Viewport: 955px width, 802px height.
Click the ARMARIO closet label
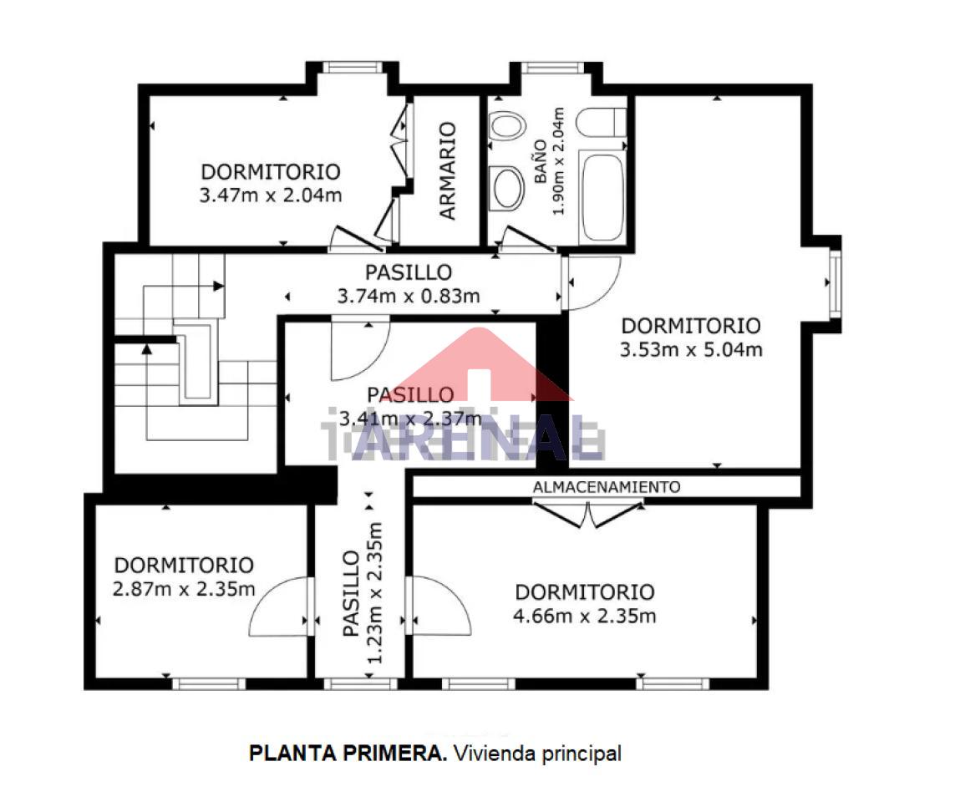pos(447,170)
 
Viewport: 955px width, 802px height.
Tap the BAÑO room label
pos(541,161)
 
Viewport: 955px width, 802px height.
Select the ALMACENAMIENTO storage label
pos(606,487)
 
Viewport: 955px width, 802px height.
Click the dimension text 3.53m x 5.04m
pos(691,349)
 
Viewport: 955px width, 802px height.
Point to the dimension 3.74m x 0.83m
pos(408,296)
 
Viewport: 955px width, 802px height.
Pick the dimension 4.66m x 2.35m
pos(584,616)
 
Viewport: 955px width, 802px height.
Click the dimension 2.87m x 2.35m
pos(183,589)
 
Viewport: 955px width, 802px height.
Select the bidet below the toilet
pos(507,188)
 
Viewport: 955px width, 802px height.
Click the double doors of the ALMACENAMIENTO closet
pos(587,514)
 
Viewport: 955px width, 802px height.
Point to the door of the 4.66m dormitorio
pos(439,606)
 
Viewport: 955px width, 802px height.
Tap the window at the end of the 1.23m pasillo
pos(360,684)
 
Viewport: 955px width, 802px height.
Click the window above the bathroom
pos(552,68)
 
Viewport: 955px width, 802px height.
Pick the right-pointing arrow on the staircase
pos(218,286)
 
